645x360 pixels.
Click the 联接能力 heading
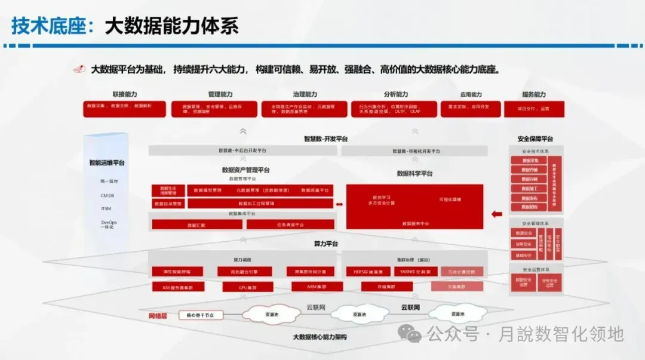125,94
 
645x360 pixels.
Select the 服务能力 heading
533,94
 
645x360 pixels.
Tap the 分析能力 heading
396,94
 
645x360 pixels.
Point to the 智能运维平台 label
107,162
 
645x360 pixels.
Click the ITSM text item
106,208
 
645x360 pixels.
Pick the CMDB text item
107,195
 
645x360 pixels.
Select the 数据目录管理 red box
168,204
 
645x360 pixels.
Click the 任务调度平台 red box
290,225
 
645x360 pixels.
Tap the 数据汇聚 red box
196,225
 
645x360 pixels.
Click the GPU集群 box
239,287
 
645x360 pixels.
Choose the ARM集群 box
317,287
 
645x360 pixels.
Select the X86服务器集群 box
177,287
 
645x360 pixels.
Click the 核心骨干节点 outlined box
204,315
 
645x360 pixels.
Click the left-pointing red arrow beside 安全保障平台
496,213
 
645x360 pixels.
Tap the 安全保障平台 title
536,139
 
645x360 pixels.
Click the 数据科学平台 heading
414,174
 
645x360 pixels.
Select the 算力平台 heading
326,244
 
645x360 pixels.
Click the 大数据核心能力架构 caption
320,337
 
